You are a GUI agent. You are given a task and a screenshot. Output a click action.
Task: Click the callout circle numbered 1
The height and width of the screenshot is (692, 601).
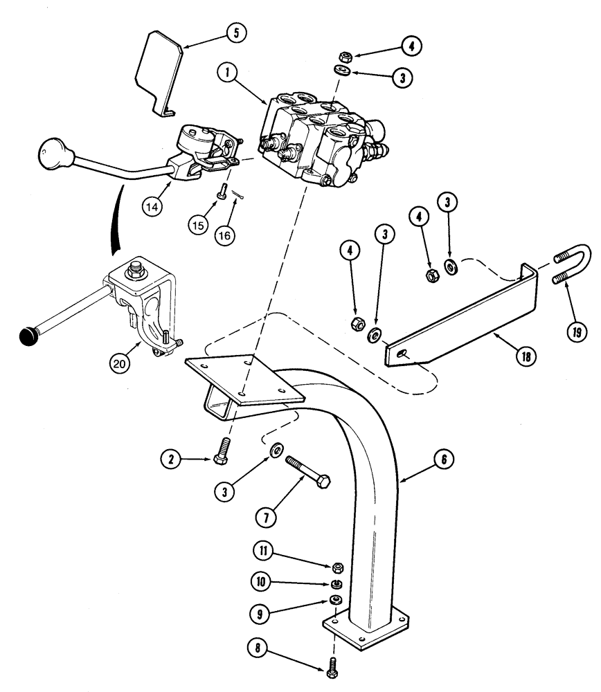pos(226,71)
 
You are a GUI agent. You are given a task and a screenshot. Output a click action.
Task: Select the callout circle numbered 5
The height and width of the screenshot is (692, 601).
pos(237,33)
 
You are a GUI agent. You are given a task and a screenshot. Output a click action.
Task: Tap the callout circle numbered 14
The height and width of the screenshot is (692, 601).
pos(154,206)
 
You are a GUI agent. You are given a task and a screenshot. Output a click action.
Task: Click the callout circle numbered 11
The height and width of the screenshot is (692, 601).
pos(264,551)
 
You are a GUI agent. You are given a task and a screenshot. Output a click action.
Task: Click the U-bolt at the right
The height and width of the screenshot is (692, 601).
pos(572,266)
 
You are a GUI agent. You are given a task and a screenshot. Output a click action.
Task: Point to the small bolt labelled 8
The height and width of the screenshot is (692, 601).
pos(332,669)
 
